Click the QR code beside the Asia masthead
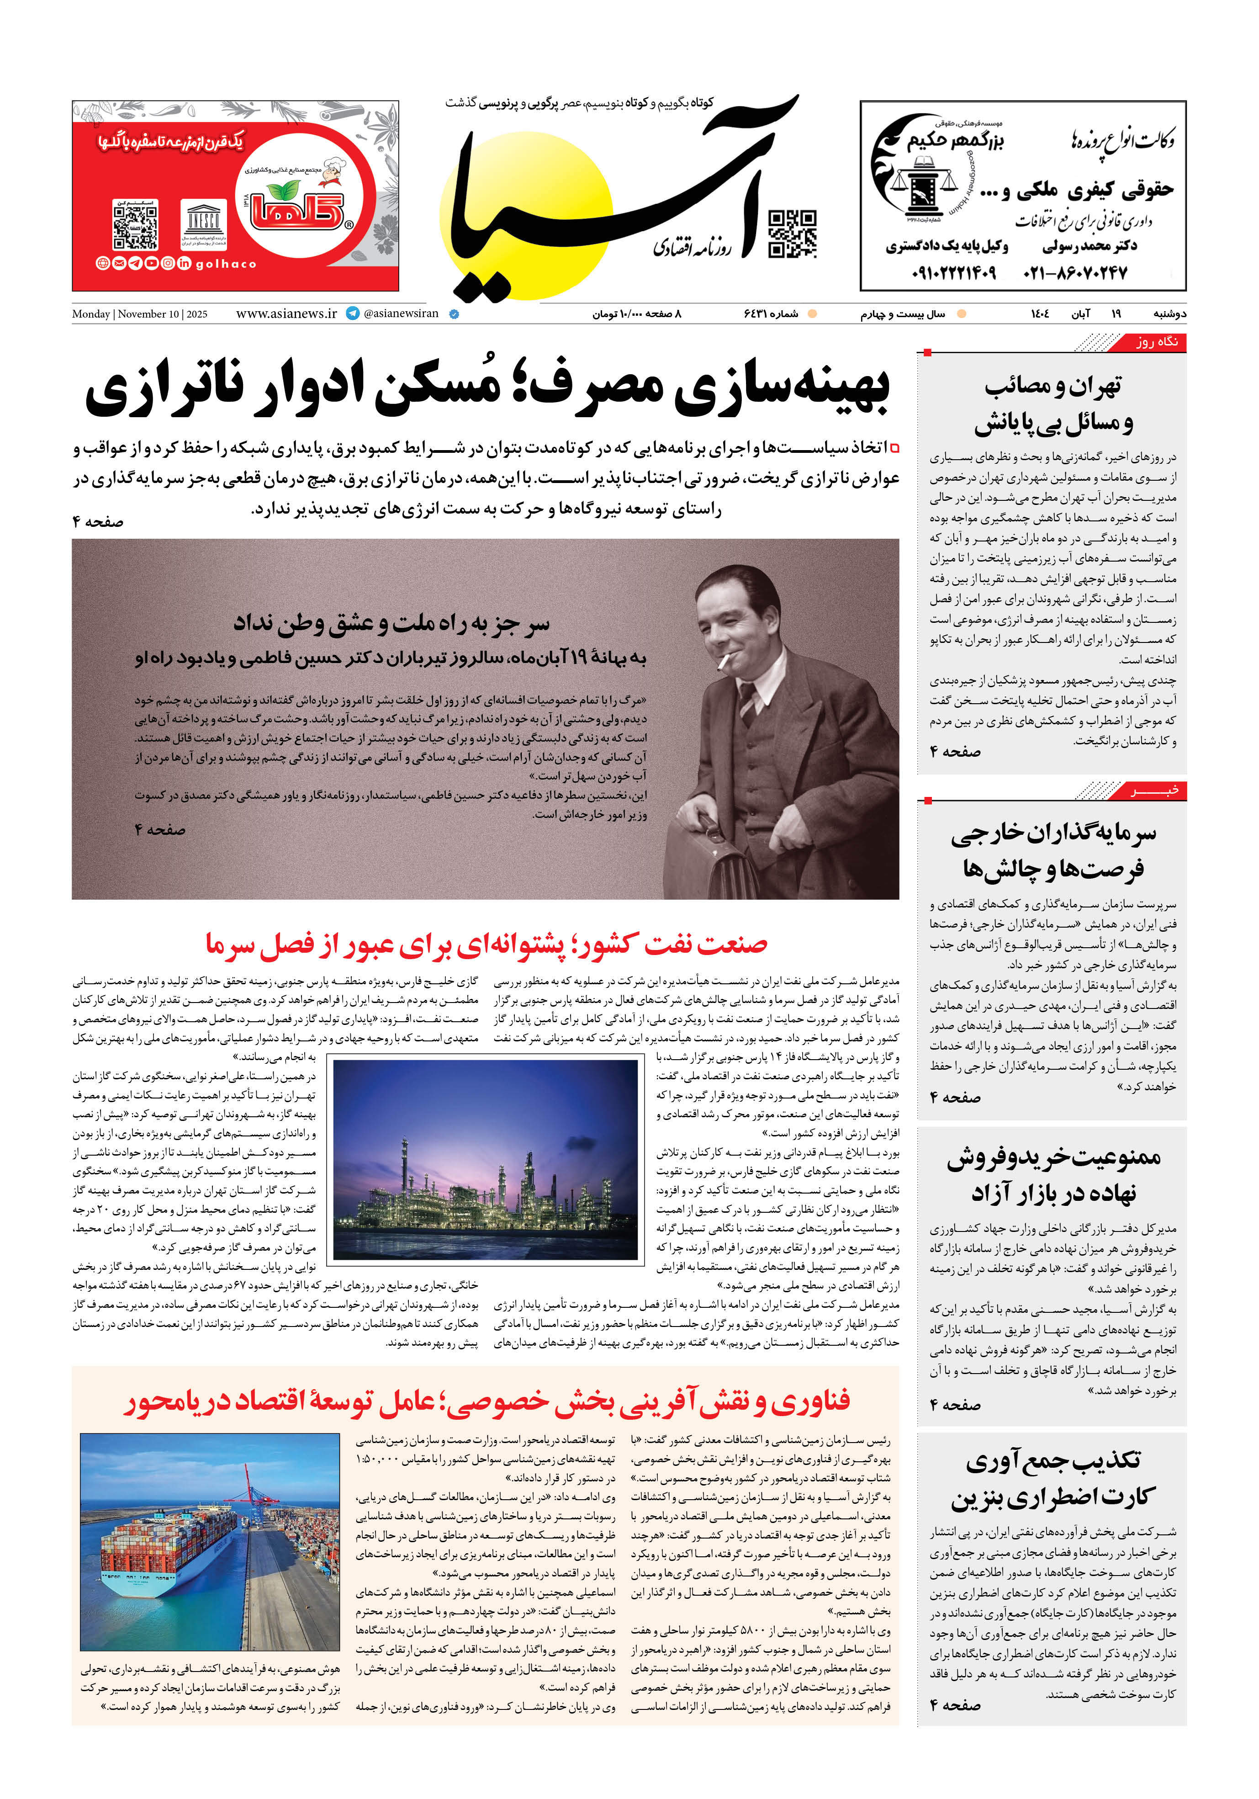[792, 233]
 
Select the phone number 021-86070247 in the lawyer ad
[1075, 273]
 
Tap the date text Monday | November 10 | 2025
[139, 314]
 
